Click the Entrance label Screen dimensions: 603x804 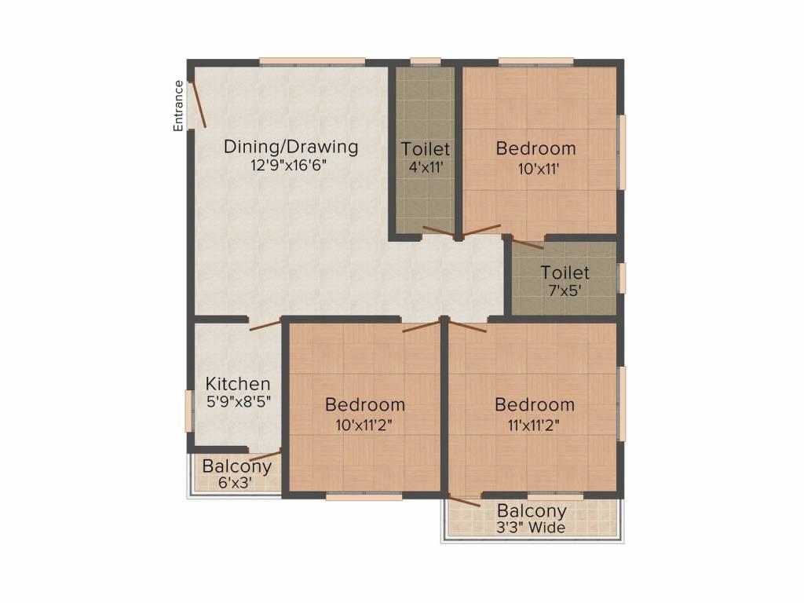(178, 105)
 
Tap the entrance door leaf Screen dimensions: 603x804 (199, 104)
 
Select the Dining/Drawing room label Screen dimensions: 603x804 (291, 147)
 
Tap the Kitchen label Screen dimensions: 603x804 (238, 384)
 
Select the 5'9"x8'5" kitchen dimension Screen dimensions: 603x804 (238, 400)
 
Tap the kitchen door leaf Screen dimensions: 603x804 (265, 324)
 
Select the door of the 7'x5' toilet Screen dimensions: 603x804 (528, 243)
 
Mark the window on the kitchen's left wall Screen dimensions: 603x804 (188, 410)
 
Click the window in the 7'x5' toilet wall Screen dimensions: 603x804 (622, 278)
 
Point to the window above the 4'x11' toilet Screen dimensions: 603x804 (425, 61)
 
